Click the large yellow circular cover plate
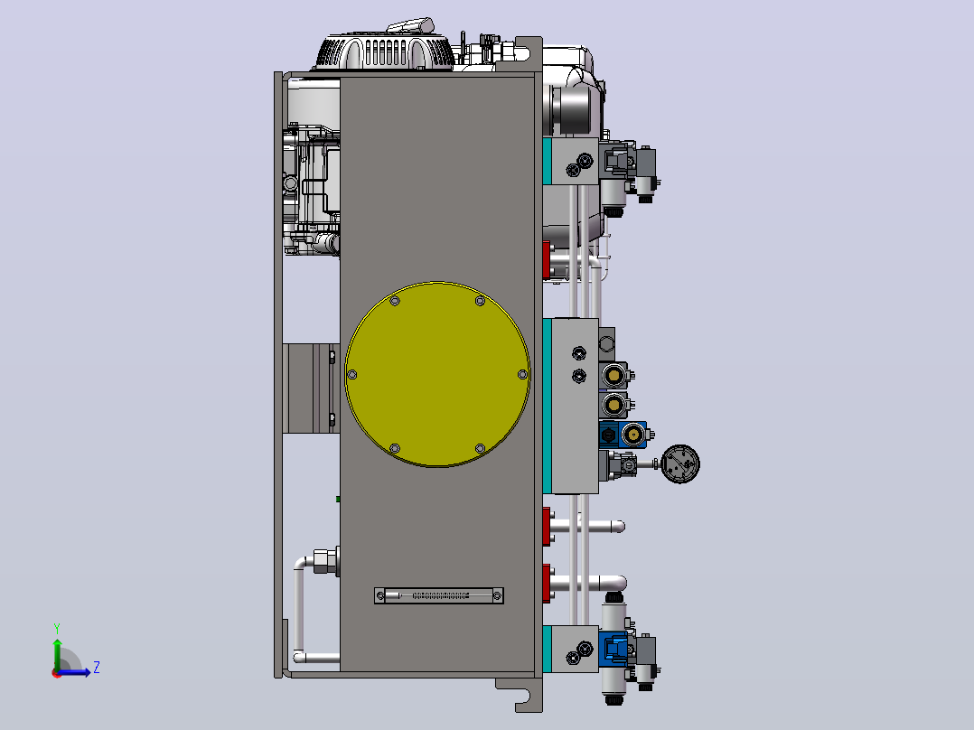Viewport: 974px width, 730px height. tap(437, 374)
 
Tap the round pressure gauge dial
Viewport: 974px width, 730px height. tap(680, 463)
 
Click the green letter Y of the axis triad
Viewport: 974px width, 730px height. tap(57, 628)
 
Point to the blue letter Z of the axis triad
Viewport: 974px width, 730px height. tap(97, 668)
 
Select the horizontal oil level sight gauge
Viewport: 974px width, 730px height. tap(439, 595)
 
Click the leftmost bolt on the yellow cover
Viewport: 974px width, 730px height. tap(352, 375)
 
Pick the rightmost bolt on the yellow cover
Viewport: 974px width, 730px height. tap(522, 375)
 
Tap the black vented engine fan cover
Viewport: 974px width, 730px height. tap(383, 51)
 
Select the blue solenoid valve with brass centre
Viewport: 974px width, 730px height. tap(623, 435)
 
